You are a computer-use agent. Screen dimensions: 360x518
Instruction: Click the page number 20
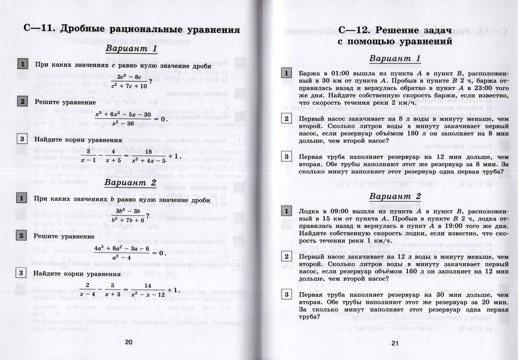[129, 343]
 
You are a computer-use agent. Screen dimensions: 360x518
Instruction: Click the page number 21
[395, 343]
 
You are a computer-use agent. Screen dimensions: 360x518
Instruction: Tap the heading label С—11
[37, 29]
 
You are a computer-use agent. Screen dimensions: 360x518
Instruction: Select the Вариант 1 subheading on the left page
[131, 49]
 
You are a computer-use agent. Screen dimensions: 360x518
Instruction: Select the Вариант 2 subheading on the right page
[395, 197]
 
